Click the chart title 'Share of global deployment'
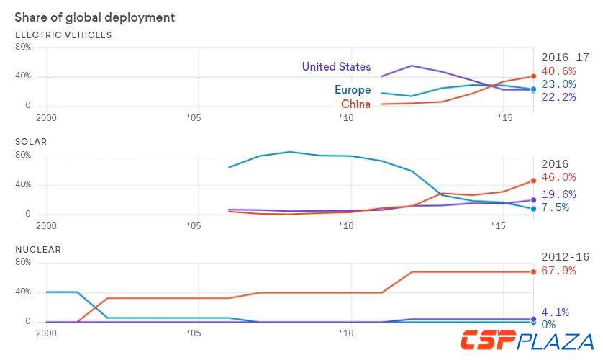[x=94, y=17]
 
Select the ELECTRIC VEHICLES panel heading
[x=63, y=35]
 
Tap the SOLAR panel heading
[x=31, y=142]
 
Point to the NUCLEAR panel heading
[x=38, y=249]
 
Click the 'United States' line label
[x=336, y=67]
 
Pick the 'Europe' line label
[x=353, y=90]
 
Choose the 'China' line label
[x=356, y=104]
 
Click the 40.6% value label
[x=558, y=71]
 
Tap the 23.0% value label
[x=558, y=84]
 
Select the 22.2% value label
[x=558, y=96]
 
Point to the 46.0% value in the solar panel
[x=558, y=177]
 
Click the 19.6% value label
[x=558, y=194]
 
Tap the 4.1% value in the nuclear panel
[x=554, y=312]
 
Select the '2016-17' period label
[x=565, y=57]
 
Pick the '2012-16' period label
[x=565, y=257]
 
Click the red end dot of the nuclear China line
[x=533, y=271]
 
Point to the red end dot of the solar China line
[x=533, y=181]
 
